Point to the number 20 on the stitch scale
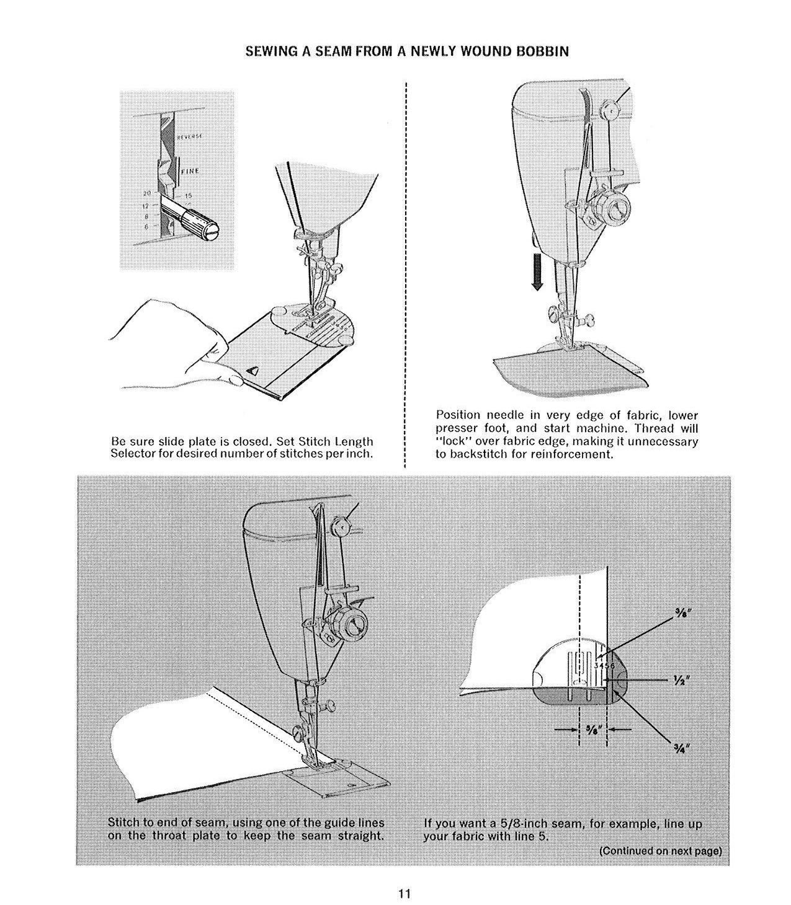click(147, 193)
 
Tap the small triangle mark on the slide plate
click(253, 371)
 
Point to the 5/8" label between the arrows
click(593, 730)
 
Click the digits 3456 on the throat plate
click(603, 666)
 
